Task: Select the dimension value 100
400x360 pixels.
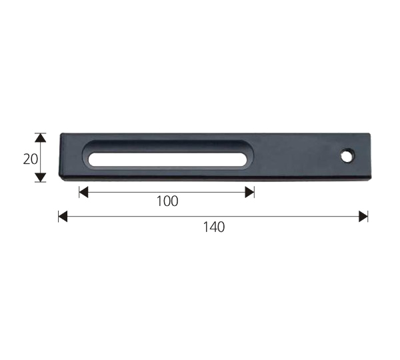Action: pyautogui.click(x=167, y=201)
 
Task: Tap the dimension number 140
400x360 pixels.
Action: pyautogui.click(x=214, y=227)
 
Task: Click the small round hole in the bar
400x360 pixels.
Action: pyautogui.click(x=347, y=156)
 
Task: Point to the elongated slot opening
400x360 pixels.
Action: pyautogui.click(x=167, y=158)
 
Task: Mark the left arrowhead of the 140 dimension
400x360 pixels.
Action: pyautogui.click(x=63, y=216)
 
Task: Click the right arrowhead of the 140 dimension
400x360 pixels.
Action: pyautogui.click(x=363, y=216)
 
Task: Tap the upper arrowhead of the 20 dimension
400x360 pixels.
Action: pyautogui.click(x=41, y=138)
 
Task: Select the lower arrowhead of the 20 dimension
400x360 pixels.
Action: pyautogui.click(x=41, y=177)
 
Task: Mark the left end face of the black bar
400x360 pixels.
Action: pyautogui.click(x=61, y=157)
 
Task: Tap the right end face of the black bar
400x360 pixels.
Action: pyautogui.click(x=369, y=157)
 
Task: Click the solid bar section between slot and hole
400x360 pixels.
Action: pyautogui.click(x=293, y=157)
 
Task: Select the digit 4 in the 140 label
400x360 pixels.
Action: pyautogui.click(x=214, y=227)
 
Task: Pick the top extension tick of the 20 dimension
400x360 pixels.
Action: pyautogui.click(x=41, y=133)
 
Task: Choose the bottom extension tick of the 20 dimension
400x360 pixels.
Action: pyautogui.click(x=41, y=182)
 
